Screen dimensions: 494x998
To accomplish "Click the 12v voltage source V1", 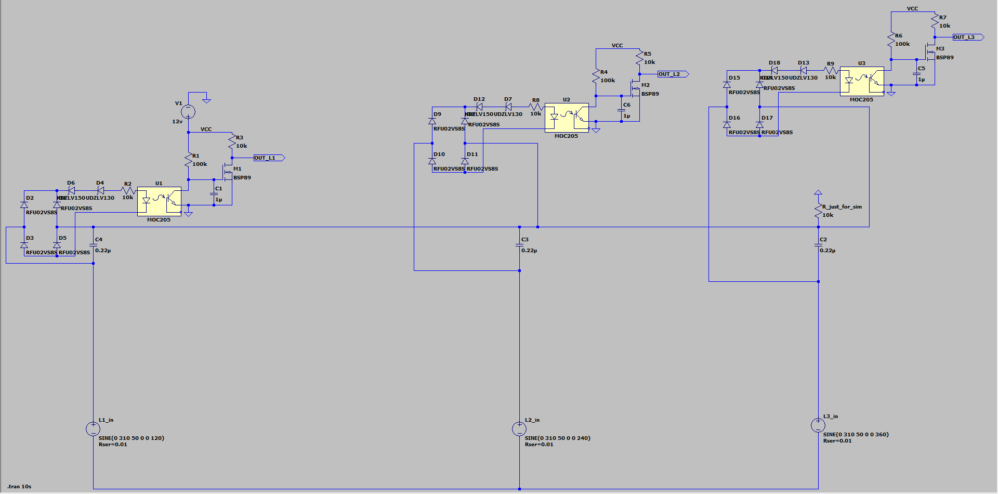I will (x=188, y=112).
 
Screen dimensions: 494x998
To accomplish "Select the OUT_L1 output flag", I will (x=268, y=158).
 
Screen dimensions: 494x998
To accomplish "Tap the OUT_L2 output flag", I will (x=672, y=74).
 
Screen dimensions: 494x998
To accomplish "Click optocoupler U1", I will (x=159, y=201).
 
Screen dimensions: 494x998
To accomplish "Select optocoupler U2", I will (x=567, y=118).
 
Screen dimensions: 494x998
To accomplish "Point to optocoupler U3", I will (x=862, y=81).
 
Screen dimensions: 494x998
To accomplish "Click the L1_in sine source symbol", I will (x=93, y=429).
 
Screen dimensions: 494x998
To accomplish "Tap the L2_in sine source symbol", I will (x=519, y=429).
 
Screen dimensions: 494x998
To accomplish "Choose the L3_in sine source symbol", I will (x=818, y=425).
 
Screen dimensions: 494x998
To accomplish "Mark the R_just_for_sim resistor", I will (x=818, y=210).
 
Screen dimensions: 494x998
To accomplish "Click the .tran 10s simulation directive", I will (x=20, y=487).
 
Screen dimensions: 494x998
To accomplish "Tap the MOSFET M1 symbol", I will (x=228, y=172).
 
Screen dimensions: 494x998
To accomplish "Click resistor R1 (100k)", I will (x=189, y=160).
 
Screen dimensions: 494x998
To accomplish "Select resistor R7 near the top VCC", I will (x=935, y=22).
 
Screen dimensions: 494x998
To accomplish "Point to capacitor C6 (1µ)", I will (x=622, y=110).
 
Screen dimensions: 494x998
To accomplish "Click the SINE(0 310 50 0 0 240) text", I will (x=557, y=438).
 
